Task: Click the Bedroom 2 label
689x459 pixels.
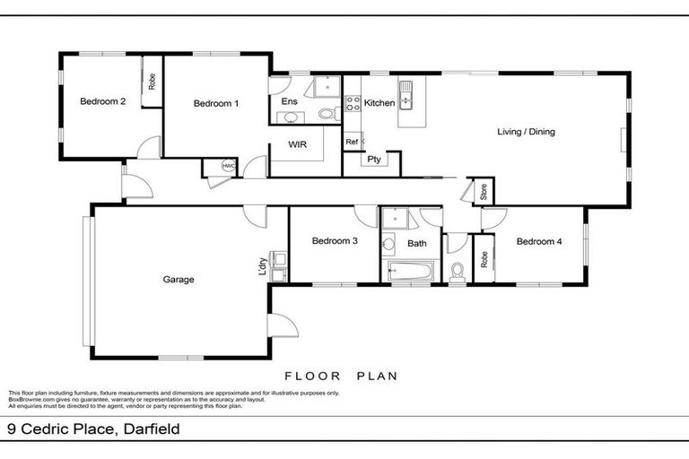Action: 102,102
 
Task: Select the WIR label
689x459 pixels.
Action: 298,143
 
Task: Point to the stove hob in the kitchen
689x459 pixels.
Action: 352,104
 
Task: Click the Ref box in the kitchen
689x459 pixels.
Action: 352,142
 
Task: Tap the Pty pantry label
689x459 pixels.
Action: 374,160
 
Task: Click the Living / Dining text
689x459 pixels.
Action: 527,132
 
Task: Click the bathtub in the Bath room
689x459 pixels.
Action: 409,271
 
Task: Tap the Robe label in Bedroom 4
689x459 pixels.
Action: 484,260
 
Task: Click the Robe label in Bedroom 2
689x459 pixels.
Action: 152,82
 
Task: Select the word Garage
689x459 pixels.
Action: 178,280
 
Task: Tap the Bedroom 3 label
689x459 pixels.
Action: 335,241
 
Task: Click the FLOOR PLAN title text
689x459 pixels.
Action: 340,377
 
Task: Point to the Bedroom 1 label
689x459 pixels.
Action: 216,103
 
